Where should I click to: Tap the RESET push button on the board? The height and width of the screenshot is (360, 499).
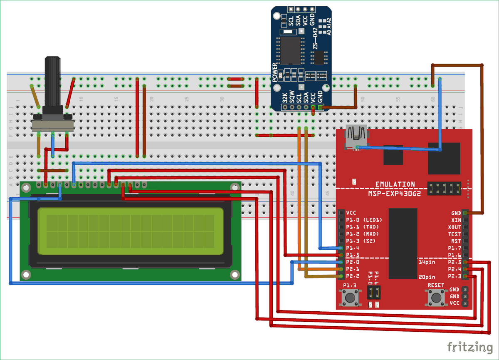pos(436,298)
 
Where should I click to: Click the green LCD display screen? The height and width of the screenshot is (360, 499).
pos(130,231)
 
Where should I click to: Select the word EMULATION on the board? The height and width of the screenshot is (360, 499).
pos(395,184)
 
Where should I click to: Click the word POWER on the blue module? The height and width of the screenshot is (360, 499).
pos(274,72)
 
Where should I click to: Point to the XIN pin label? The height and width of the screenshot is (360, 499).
pos(456,220)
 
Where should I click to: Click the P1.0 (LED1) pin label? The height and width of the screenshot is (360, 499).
pos(364,220)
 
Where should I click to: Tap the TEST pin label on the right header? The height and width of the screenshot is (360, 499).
pos(455,234)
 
